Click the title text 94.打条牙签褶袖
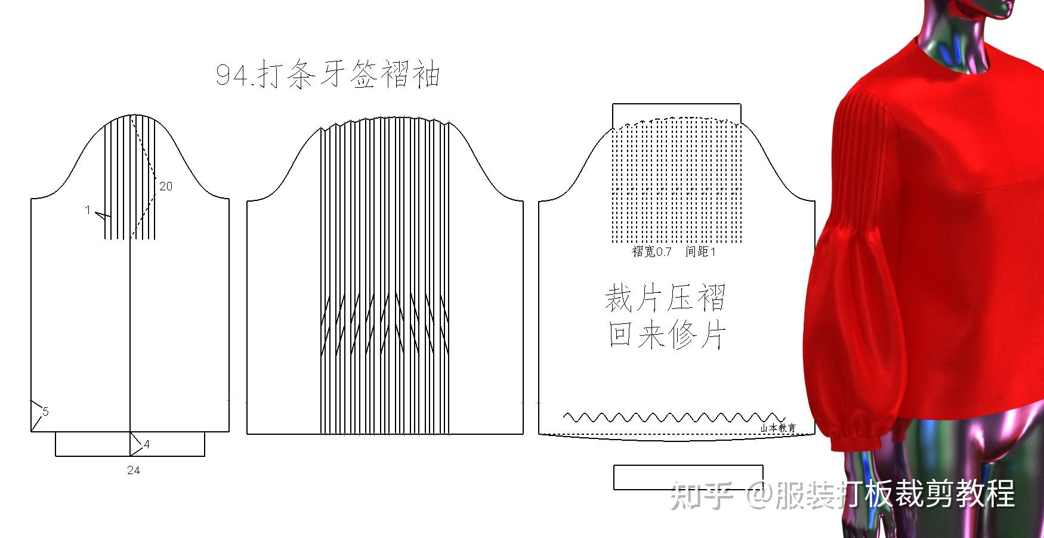pyautogui.click(x=328, y=75)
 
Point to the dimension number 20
pyautogui.click(x=165, y=186)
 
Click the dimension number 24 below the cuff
pyautogui.click(x=134, y=471)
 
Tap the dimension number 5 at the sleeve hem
pyautogui.click(x=45, y=412)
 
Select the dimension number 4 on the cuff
pyautogui.click(x=147, y=444)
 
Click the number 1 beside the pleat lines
pyautogui.click(x=88, y=210)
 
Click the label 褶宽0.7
pyautogui.click(x=652, y=252)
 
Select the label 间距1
pyautogui.click(x=700, y=252)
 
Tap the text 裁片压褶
pyautogui.click(x=665, y=298)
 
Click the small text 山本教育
pyautogui.click(x=778, y=428)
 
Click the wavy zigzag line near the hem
pyautogui.click(x=674, y=416)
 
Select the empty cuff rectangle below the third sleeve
pyautogui.click(x=688, y=477)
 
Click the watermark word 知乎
pyautogui.click(x=702, y=494)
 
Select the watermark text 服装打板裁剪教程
pyautogui.click(x=895, y=494)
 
